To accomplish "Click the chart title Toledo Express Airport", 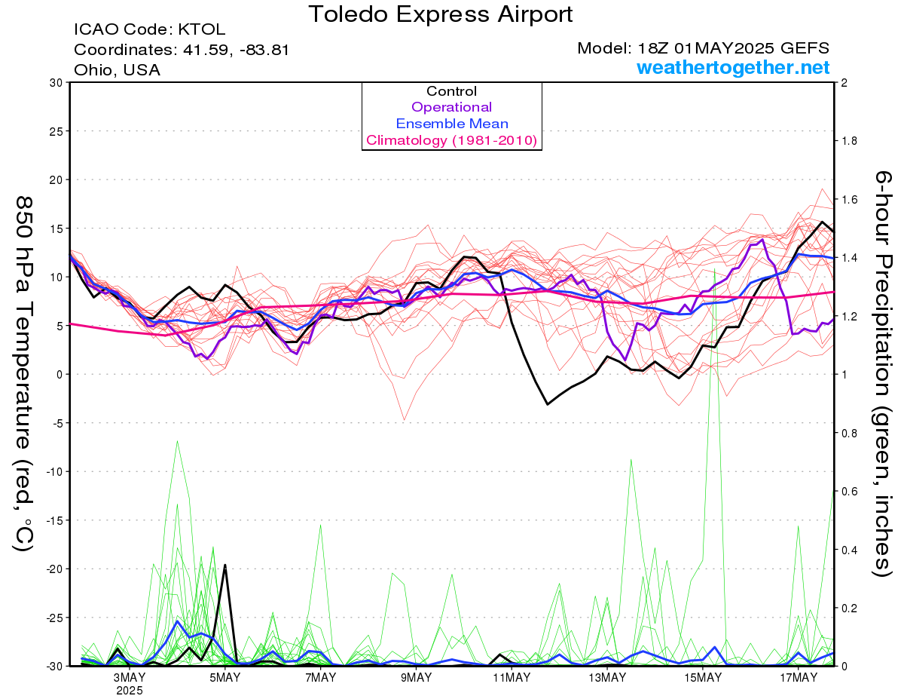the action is [440, 14].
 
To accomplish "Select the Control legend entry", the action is [451, 91].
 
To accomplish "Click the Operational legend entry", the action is [451, 107].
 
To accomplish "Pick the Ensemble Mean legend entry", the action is [452, 124].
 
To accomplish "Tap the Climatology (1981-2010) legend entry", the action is [452, 140].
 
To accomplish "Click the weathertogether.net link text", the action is [733, 67].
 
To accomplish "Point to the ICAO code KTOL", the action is [202, 29].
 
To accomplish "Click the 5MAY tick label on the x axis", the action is [224, 678].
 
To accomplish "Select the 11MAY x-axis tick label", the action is [512, 678].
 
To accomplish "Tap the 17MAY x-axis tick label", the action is [799, 678].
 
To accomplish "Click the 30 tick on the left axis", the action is [56, 83].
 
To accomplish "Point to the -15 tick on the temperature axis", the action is [53, 520].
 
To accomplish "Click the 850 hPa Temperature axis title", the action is [24, 373].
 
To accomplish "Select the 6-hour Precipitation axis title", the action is [882, 373].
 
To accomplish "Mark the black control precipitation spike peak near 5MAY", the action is [225, 565].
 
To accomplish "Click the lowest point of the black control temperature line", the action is [548, 404].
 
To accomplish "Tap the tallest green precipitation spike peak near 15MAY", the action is [714, 269].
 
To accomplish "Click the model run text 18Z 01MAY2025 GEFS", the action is [733, 48].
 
